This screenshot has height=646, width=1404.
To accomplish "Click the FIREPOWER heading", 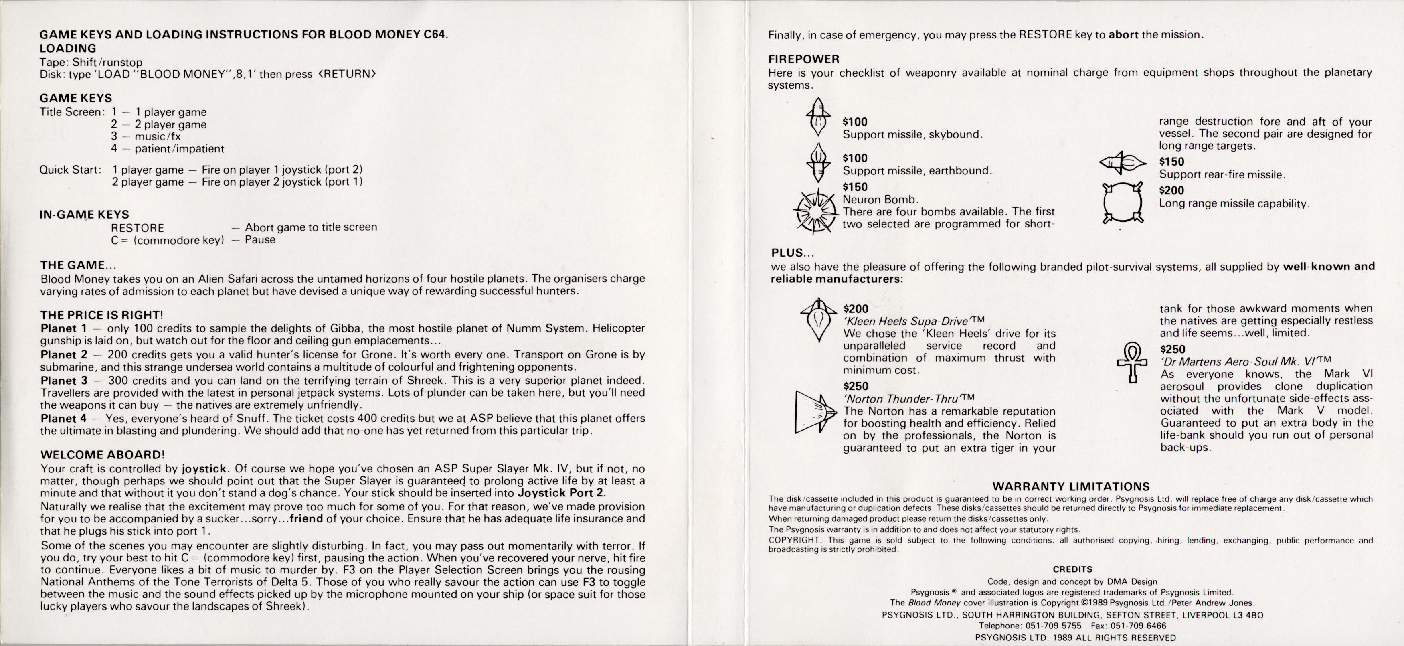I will coord(803,59).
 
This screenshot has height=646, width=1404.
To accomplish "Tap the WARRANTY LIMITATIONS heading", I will coord(1071,486).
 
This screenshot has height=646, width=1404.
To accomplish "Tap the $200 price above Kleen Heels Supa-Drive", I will coord(855,308).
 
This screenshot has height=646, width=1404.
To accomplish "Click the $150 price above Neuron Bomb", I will coord(855,187).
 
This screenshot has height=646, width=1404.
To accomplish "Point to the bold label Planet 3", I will coord(63,381).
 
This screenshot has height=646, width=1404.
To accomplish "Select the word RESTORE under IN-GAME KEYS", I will coord(138,228).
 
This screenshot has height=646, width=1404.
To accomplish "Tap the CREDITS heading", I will coord(1072,569).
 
